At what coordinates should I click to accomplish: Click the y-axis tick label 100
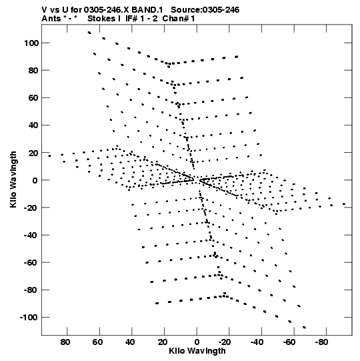[x=31, y=43]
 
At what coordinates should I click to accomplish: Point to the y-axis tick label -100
[x=29, y=318]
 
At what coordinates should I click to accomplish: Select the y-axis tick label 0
[x=35, y=180]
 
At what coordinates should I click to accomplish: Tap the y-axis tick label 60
[x=33, y=98]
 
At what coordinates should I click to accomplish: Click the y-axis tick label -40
[x=31, y=235]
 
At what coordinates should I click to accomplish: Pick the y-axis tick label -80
[x=31, y=290]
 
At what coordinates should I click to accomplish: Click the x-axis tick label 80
[x=65, y=342]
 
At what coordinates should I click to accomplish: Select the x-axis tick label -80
[x=321, y=342]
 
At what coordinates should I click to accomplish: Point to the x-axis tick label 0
[x=197, y=342]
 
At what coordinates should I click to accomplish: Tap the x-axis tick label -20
[x=225, y=342]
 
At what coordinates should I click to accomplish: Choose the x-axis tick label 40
[x=130, y=342]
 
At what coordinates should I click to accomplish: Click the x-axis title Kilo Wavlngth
[x=197, y=351]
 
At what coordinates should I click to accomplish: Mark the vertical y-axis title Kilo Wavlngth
[x=13, y=179]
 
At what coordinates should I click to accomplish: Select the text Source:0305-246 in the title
[x=205, y=10]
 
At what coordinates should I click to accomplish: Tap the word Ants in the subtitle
[x=51, y=19]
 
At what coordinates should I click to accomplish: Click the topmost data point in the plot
[x=89, y=33]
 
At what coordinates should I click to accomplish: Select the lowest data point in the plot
[x=304, y=327]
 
